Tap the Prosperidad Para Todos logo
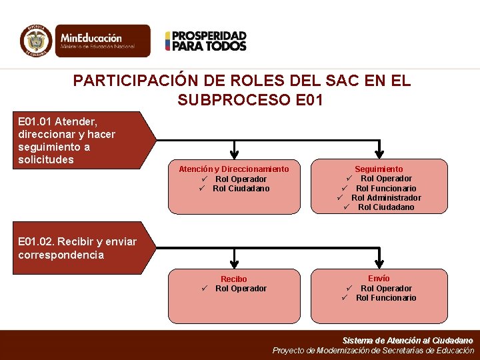[x=206, y=41]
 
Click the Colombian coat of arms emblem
[x=36, y=41]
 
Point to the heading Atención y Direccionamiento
[x=234, y=169]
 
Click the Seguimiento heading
[x=379, y=169]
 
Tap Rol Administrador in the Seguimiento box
[x=386, y=197]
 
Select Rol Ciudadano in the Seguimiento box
[x=386, y=207]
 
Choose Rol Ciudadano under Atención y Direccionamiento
[x=241, y=189]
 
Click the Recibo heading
[x=234, y=279]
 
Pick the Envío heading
[x=379, y=278]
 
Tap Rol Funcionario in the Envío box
[x=386, y=298]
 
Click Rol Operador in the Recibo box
[x=241, y=289]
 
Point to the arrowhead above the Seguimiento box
[x=379, y=153]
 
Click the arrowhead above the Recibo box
[x=234, y=262]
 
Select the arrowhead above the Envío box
[x=379, y=262]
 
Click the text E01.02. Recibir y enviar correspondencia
[x=77, y=248]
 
